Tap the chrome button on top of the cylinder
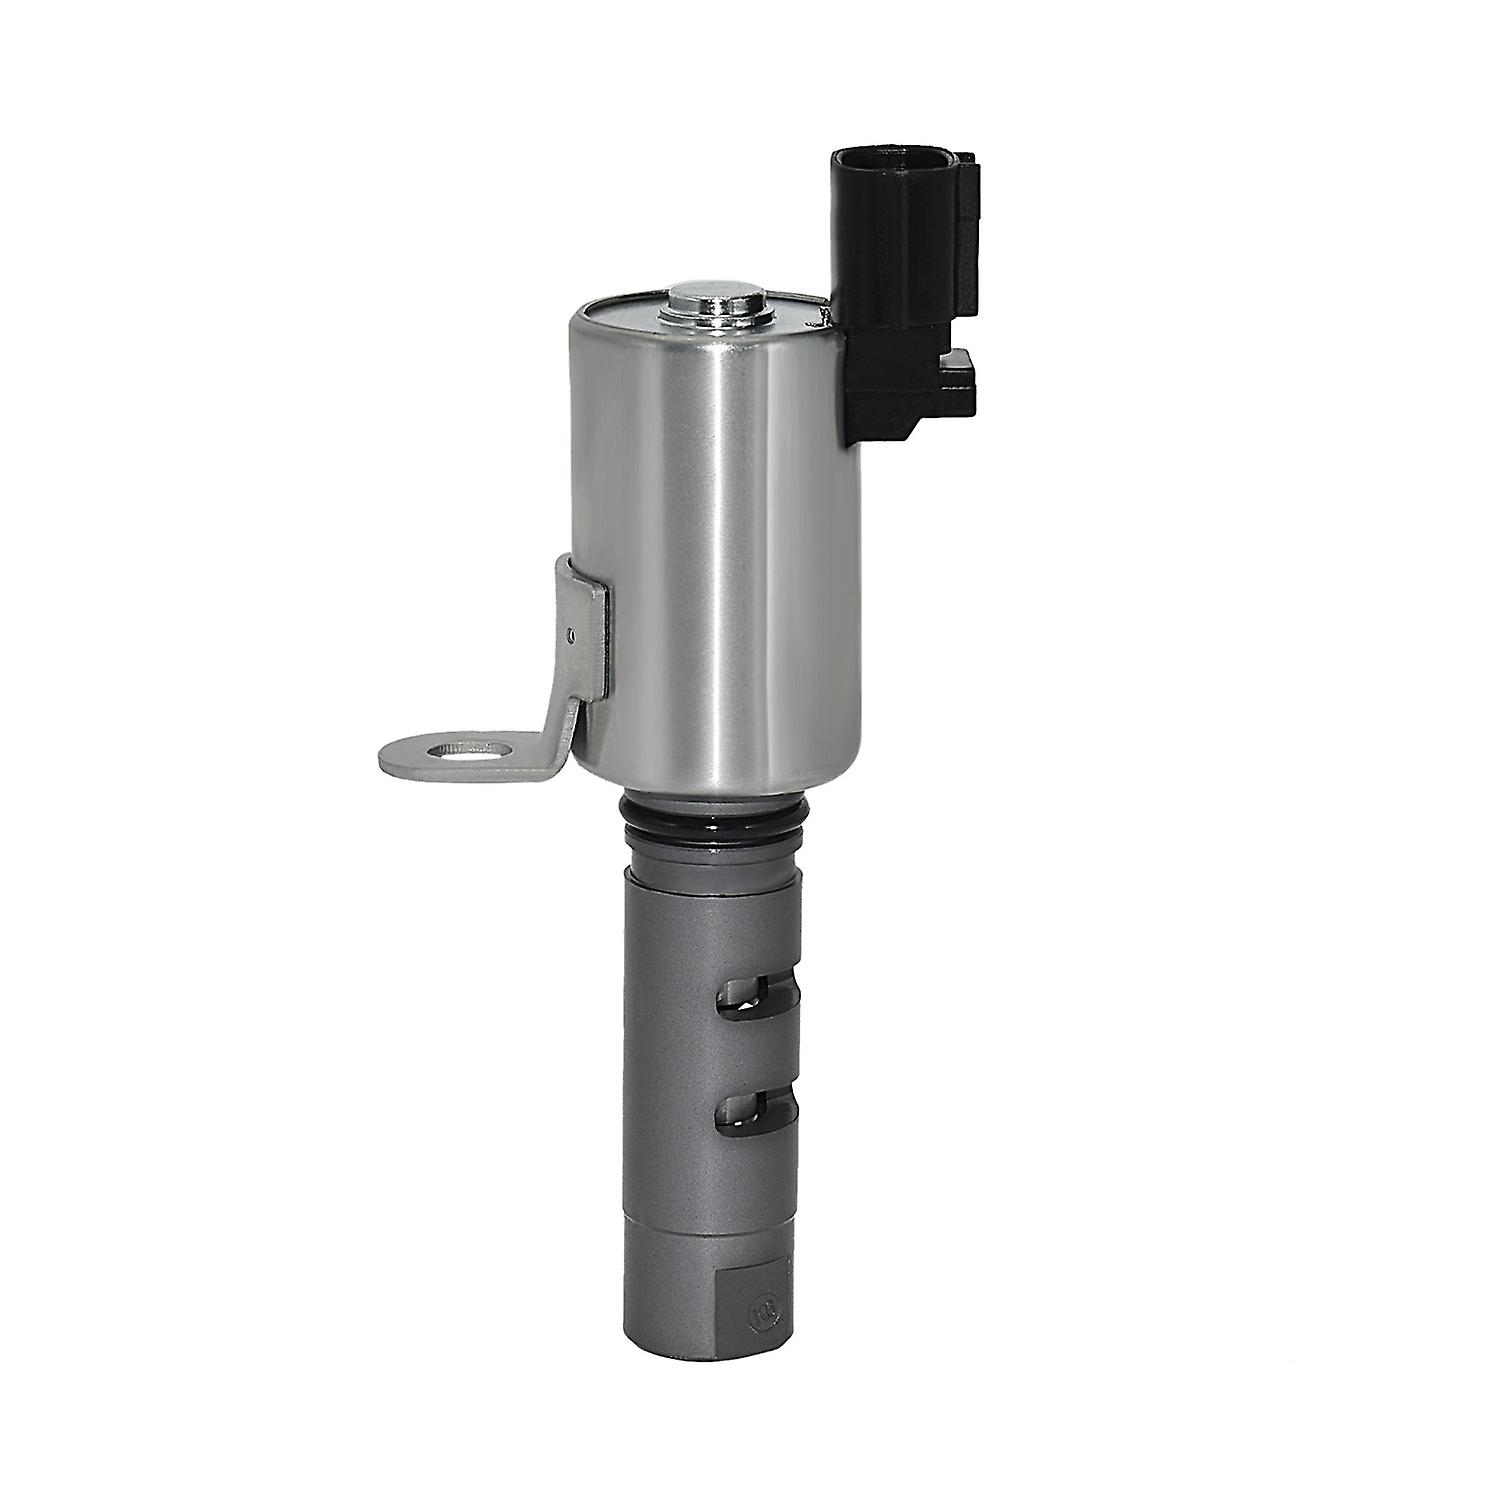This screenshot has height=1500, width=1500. [x=714, y=299]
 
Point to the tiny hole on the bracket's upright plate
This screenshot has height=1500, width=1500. [x=570, y=634]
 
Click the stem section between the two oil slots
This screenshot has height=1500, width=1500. [x=712, y=1055]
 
